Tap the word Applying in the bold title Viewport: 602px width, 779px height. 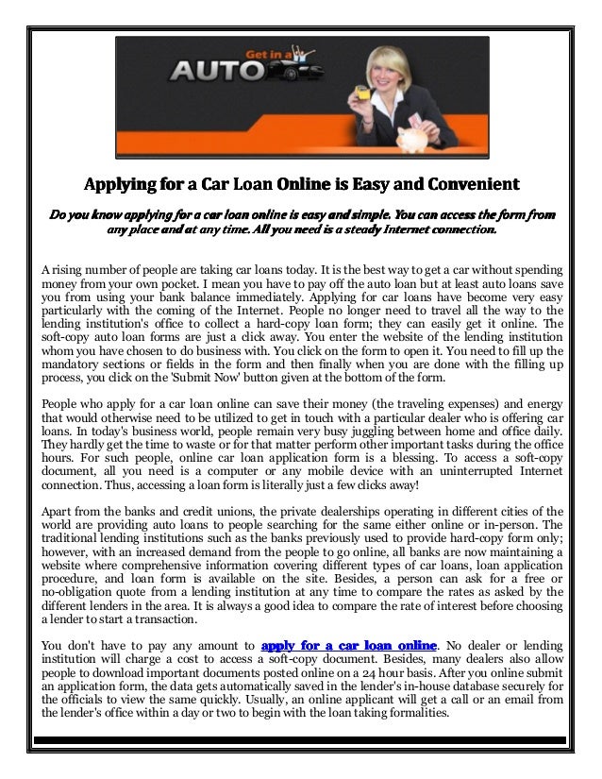pyautogui.click(x=127, y=180)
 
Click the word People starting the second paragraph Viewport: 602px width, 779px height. pyautogui.click(x=62, y=401)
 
